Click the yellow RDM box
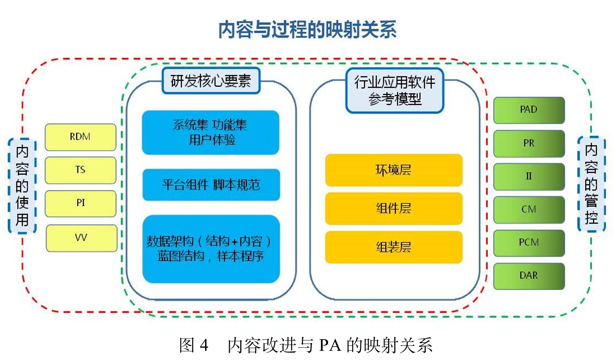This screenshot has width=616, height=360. [x=80, y=137]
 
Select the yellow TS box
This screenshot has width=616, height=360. [x=80, y=170]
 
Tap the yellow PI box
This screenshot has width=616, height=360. [x=80, y=203]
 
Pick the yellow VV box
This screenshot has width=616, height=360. [x=81, y=238]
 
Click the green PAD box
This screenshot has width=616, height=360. [x=528, y=110]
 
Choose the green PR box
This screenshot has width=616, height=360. [x=528, y=143]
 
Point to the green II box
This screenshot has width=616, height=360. [x=528, y=176]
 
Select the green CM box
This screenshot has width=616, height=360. [x=528, y=210]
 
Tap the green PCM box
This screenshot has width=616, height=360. [x=528, y=243]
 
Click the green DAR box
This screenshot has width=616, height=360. [x=528, y=276]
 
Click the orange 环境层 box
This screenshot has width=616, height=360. [x=393, y=170]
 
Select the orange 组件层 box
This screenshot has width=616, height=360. [x=393, y=208]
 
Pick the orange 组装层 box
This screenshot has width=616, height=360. [x=393, y=247]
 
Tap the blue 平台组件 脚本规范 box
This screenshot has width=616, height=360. [x=211, y=185]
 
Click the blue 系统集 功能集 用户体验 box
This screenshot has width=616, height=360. [x=210, y=132]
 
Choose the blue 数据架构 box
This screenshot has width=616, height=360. [x=211, y=249]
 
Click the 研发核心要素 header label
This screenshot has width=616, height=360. [x=211, y=81]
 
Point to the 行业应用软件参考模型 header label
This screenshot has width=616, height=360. [x=395, y=90]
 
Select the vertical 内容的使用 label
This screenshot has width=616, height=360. [x=22, y=186]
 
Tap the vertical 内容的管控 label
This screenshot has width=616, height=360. [x=591, y=184]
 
